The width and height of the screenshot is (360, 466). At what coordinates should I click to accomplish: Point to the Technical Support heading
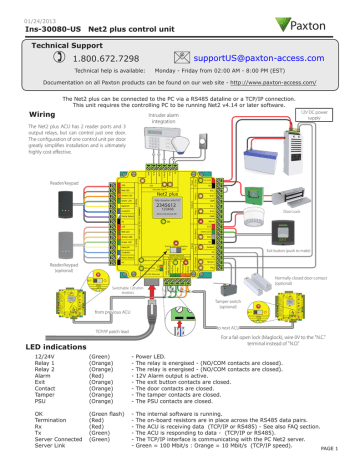[70, 45]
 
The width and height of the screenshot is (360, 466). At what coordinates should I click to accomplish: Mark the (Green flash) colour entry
[107, 411]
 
